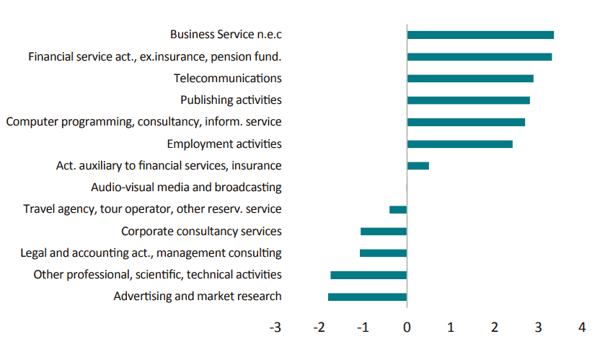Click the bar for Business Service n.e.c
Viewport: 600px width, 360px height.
(x=480, y=35)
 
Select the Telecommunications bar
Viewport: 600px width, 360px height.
(x=470, y=79)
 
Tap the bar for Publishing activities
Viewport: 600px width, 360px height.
(x=468, y=100)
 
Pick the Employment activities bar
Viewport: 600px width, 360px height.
(x=459, y=144)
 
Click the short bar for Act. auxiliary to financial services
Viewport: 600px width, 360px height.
(x=418, y=166)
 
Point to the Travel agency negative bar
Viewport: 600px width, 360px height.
(x=398, y=210)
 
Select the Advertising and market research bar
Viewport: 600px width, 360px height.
(x=367, y=297)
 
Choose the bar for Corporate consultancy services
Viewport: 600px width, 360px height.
(x=384, y=232)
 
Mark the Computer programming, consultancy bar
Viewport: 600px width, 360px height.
(x=466, y=123)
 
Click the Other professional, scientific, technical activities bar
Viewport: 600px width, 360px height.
(x=369, y=276)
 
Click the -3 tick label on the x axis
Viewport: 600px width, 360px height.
(x=275, y=328)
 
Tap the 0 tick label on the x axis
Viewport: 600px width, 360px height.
(x=407, y=328)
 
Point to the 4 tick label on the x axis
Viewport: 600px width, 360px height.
(x=582, y=328)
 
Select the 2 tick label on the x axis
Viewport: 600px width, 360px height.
(x=495, y=328)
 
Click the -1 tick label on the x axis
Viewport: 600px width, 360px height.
(x=363, y=328)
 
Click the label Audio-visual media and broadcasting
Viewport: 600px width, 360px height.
(x=186, y=188)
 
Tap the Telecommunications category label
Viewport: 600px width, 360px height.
(x=228, y=78)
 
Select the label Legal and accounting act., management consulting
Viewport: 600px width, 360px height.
(x=151, y=253)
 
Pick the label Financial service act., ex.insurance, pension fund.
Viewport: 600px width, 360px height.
(x=154, y=56)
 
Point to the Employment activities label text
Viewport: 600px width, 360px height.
(x=224, y=144)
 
